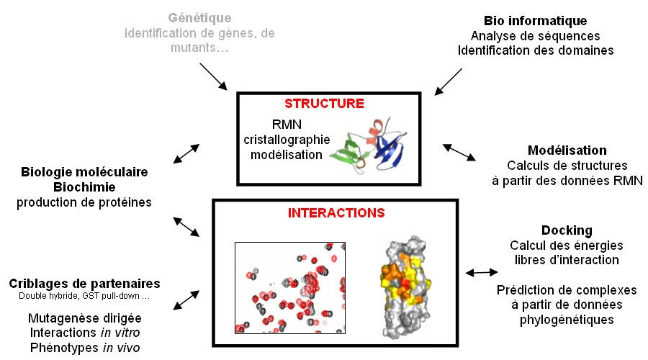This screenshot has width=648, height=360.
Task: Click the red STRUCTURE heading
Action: click(x=324, y=104)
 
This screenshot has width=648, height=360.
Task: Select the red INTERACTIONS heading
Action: click(x=336, y=213)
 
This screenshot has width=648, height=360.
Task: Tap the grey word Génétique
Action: click(x=199, y=17)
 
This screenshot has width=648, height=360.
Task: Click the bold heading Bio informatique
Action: click(x=535, y=21)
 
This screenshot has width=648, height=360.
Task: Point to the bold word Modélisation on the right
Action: click(x=567, y=150)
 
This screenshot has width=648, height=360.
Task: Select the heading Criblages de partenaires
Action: click(x=85, y=283)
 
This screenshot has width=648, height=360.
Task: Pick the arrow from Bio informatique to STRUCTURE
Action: click(x=449, y=79)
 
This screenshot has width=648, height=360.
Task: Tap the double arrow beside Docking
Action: click(x=482, y=272)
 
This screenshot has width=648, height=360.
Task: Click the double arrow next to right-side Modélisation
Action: click(x=459, y=151)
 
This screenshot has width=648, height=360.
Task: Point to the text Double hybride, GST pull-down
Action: click(x=85, y=297)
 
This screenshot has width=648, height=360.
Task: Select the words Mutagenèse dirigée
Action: click(x=85, y=318)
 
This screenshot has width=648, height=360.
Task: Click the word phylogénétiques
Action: click(x=567, y=319)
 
